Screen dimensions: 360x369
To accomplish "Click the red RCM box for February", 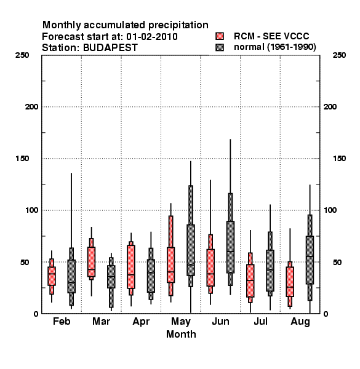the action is (x=52, y=276).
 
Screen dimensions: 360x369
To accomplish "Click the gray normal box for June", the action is (x=231, y=247).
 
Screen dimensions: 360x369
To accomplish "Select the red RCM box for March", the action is (x=91, y=262).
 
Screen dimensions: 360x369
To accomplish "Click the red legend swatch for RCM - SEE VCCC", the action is (x=220, y=36).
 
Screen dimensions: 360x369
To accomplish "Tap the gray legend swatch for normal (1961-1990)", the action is (x=220, y=47).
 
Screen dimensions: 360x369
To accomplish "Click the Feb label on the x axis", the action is (x=62, y=321).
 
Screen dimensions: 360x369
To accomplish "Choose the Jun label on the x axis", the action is (x=220, y=321).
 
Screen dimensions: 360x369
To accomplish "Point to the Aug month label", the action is (x=300, y=322).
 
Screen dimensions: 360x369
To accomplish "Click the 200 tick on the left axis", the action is (x=31, y=107).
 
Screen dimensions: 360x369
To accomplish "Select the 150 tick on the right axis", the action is (x=339, y=159).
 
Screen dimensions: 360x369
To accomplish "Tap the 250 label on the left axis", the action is (x=22, y=55).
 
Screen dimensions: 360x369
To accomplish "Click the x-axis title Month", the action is (x=181, y=334).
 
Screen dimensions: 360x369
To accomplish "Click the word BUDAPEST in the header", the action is (x=110, y=48).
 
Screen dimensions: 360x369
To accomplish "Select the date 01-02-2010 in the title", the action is (x=152, y=37).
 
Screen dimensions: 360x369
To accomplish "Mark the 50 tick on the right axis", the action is (x=337, y=262).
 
